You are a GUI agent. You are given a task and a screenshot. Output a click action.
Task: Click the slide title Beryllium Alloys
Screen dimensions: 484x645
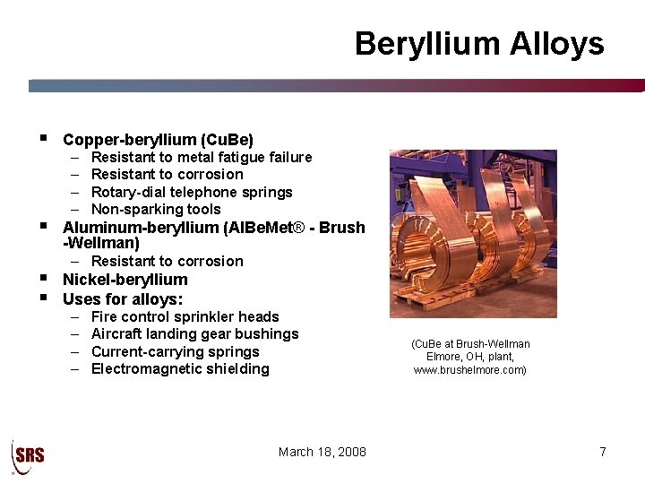coord(479,44)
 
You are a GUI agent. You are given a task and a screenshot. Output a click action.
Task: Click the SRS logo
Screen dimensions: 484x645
coord(28,454)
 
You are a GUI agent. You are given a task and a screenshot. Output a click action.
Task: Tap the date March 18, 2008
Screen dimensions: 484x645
coord(322,452)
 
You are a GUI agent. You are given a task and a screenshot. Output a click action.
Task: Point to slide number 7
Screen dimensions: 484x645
coord(603,452)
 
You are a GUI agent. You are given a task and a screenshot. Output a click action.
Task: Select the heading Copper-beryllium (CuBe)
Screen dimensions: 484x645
coord(159,140)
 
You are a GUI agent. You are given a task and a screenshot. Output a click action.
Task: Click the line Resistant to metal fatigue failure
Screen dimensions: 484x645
coord(202,158)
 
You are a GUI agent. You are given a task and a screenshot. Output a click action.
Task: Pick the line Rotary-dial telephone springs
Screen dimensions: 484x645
coord(192,192)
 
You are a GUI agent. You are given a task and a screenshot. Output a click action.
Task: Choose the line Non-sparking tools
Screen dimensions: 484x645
coord(156,209)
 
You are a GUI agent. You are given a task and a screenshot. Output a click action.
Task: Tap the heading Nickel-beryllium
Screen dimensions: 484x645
coord(125,280)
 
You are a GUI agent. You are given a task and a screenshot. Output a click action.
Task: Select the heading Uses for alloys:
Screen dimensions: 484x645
coord(123,299)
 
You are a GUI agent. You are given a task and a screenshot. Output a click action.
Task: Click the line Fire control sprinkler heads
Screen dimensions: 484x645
coord(185,316)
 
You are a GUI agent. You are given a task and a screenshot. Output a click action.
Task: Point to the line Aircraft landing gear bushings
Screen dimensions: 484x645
coord(195,334)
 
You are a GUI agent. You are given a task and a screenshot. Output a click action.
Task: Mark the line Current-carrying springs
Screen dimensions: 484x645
coord(176,351)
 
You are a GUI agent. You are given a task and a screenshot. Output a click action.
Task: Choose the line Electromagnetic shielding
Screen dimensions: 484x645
coord(180,368)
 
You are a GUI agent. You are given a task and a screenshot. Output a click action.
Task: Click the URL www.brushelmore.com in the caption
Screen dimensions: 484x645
coord(469,369)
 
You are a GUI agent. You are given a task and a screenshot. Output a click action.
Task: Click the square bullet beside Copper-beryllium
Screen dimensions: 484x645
coord(42,139)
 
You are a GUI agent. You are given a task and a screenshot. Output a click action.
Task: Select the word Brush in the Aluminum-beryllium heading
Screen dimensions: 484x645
coord(342,228)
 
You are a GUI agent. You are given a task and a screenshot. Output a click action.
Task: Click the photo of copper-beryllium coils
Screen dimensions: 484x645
coord(473,233)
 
